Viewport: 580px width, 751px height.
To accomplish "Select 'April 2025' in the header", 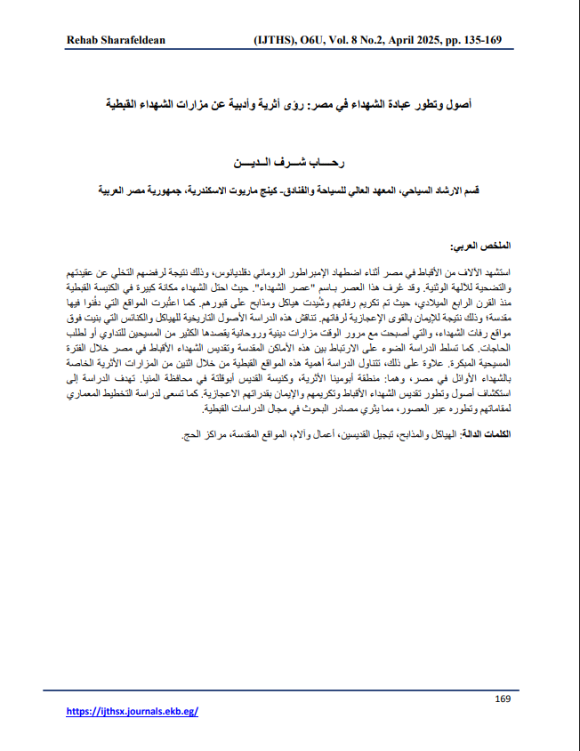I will click(x=415, y=41).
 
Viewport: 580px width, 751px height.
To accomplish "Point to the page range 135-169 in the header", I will click(x=487, y=41).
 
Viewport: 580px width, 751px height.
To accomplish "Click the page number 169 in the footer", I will click(x=502, y=699).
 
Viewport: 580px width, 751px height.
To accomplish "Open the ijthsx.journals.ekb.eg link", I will click(x=133, y=712).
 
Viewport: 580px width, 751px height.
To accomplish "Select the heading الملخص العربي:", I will click(x=481, y=244).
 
